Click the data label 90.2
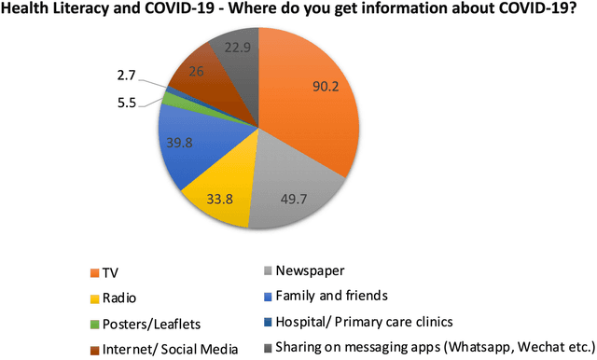tap(326, 86)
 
